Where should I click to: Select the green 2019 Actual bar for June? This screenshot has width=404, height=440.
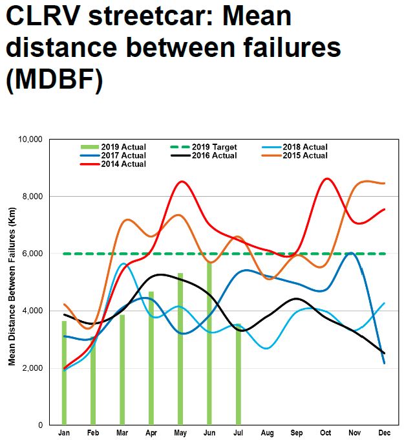click(209, 343)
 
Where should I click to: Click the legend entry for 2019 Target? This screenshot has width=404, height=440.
click(210, 147)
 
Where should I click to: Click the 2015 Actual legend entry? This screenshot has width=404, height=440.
click(302, 155)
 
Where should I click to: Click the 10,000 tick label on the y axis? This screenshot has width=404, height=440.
click(31, 139)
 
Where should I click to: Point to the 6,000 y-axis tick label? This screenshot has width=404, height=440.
click(33, 254)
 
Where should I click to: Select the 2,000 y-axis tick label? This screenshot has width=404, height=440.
click(33, 368)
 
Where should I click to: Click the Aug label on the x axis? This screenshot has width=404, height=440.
click(267, 432)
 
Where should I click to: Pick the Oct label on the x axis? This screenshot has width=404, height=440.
click(325, 432)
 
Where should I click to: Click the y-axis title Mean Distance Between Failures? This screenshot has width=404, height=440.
click(12, 281)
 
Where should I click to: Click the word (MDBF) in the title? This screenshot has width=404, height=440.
click(54, 82)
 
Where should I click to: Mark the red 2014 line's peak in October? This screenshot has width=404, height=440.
click(326, 179)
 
